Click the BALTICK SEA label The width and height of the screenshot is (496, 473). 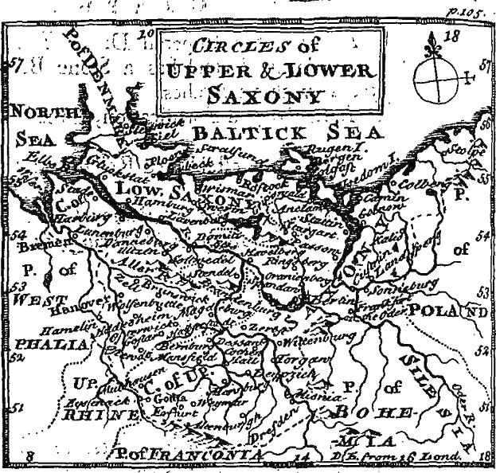(288, 131)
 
